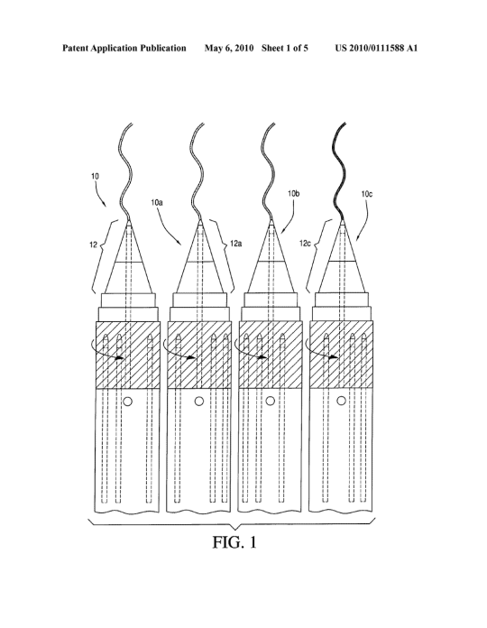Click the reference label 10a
[156, 203]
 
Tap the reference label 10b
[294, 193]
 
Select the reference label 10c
[366, 194]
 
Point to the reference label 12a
[235, 243]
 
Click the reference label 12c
[305, 243]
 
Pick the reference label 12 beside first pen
[93, 245]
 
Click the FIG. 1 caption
[234, 542]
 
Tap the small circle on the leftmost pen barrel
[128, 401]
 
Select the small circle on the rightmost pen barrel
[341, 401]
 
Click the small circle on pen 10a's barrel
[199, 401]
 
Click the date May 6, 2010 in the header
[229, 49]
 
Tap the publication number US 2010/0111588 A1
[376, 49]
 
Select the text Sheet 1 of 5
[285, 49]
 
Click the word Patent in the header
[75, 49]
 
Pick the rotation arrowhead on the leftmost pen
[120, 357]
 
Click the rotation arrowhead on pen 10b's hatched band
[262, 357]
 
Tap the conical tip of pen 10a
[199, 256]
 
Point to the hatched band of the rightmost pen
[341, 355]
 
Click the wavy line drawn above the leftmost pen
[124, 171]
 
